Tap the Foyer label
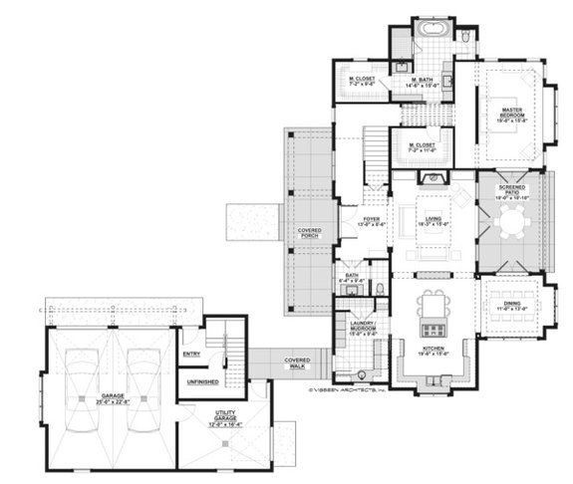[x=372, y=221]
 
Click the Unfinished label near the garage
[x=202, y=381]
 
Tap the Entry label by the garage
[x=192, y=354]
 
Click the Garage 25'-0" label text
[x=112, y=400]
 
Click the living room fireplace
[x=432, y=178]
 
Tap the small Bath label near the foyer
[x=351, y=280]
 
